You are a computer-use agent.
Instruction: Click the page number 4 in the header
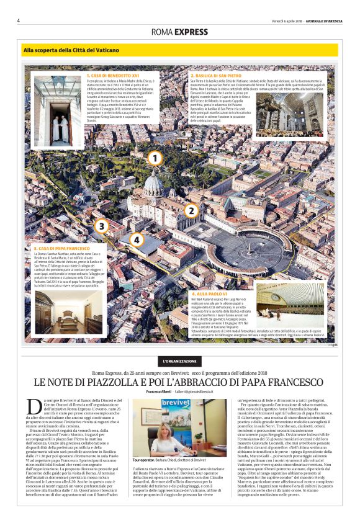[19, 20]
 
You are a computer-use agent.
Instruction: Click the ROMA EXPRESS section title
[179, 32]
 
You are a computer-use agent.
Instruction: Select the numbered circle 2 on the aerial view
[191, 211]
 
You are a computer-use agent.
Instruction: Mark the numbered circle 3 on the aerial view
[102, 226]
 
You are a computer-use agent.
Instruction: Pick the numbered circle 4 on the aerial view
[137, 240]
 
